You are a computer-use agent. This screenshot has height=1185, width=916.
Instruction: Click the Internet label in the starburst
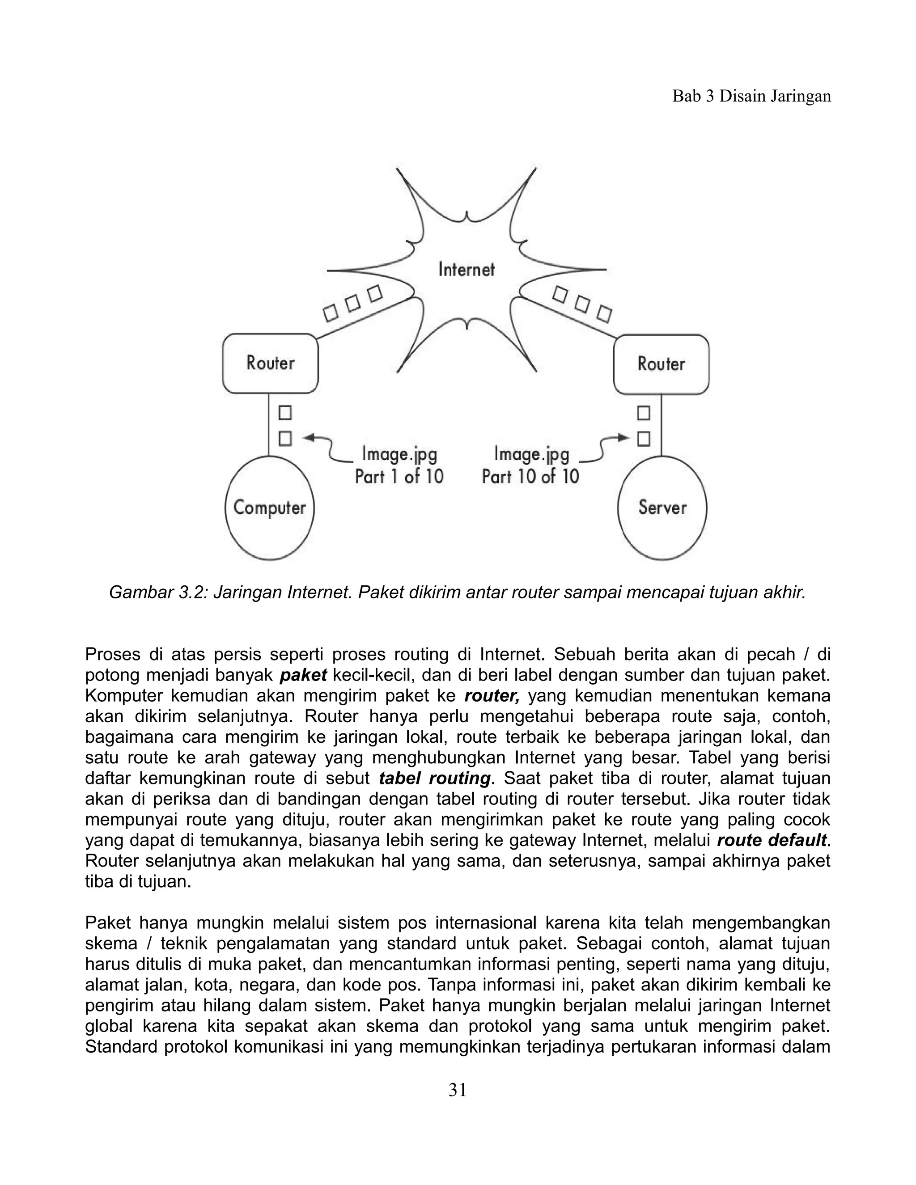466,270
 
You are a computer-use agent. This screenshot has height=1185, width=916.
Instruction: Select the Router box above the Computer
270,363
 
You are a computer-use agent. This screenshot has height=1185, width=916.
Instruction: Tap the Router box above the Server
661,364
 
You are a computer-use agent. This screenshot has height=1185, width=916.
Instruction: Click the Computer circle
270,508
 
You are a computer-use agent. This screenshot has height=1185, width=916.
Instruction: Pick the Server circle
662,508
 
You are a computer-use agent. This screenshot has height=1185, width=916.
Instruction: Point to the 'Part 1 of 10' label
399,477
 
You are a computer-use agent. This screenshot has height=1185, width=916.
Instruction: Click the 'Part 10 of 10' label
530,477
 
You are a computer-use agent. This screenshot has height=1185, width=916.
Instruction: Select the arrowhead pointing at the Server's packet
623,437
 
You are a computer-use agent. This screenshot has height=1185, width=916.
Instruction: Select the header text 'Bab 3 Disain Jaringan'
751,96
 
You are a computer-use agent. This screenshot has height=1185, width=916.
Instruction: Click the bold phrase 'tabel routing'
435,778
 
